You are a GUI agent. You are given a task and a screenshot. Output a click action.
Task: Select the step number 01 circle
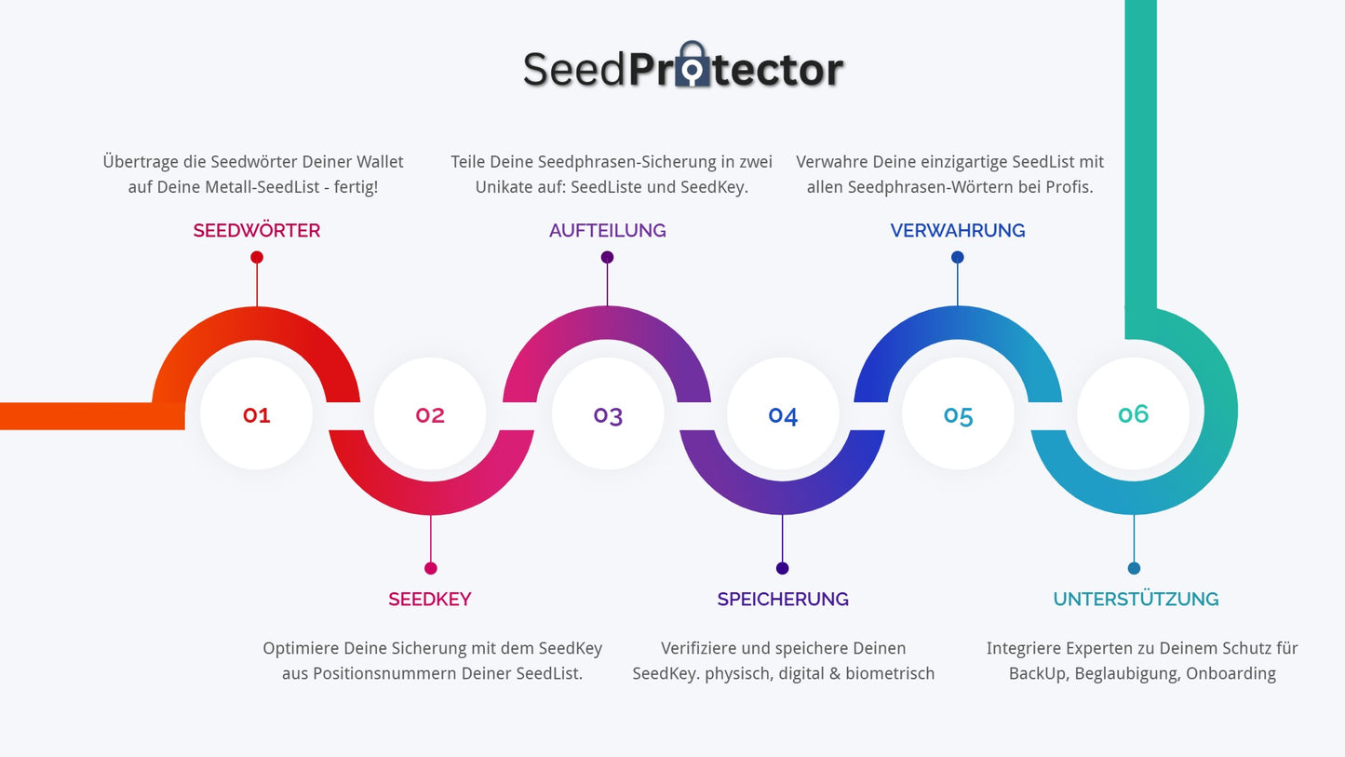pyautogui.click(x=256, y=414)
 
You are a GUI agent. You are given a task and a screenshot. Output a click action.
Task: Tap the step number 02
pyautogui.click(x=430, y=414)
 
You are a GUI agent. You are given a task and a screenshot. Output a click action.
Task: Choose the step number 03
pyautogui.click(x=608, y=414)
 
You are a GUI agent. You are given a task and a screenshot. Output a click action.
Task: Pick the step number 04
pyautogui.click(x=783, y=414)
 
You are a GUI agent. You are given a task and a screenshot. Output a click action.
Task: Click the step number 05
pyautogui.click(x=958, y=414)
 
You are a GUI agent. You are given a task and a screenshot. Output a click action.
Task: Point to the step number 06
pyautogui.click(x=1133, y=413)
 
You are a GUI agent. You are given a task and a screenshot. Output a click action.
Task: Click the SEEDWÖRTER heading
pyautogui.click(x=257, y=231)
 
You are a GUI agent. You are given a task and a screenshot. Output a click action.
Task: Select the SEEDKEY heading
pyautogui.click(x=430, y=600)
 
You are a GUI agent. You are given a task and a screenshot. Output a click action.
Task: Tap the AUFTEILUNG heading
pyautogui.click(x=607, y=231)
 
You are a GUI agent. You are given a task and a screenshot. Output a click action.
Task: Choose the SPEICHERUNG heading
pyautogui.click(x=783, y=600)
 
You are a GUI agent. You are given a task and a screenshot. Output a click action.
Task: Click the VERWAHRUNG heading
pyautogui.click(x=958, y=231)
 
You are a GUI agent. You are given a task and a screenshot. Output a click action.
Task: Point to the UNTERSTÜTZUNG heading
pyautogui.click(x=1136, y=600)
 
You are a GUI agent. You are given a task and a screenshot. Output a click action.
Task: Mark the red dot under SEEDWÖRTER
pyautogui.click(x=257, y=257)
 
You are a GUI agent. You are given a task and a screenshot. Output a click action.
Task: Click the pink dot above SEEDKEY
pyautogui.click(x=430, y=568)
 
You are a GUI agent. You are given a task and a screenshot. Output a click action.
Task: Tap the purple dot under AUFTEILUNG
pyautogui.click(x=607, y=257)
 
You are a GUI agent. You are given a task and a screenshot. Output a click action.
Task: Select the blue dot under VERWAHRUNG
pyautogui.click(x=958, y=257)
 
